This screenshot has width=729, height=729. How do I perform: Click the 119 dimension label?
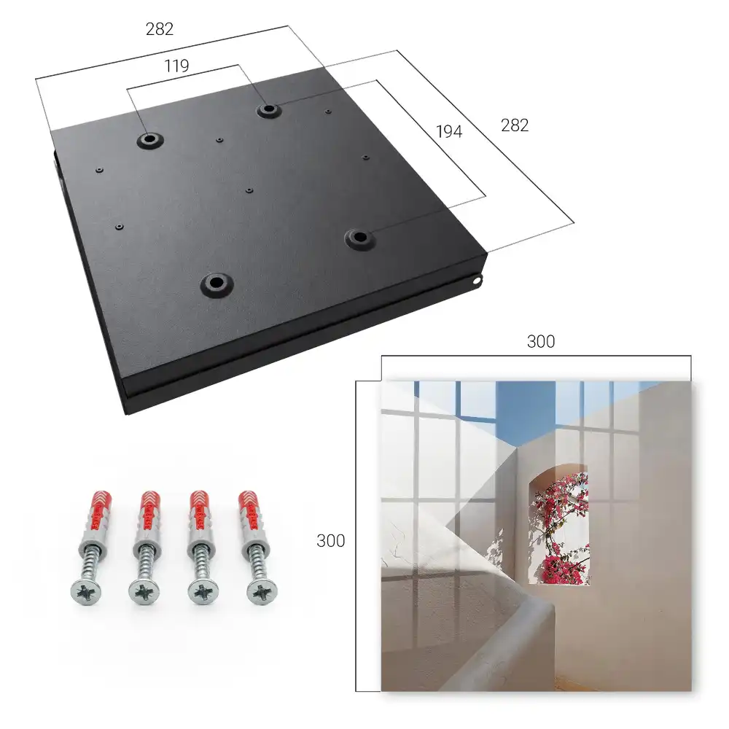pyautogui.click(x=176, y=66)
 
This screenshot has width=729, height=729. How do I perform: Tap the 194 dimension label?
pyautogui.click(x=449, y=132)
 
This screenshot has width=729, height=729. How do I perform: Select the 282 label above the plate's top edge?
pyautogui.click(x=160, y=29)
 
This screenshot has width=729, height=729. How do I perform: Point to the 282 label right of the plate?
pyautogui.click(x=515, y=125)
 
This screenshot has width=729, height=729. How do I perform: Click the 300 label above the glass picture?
pyautogui.click(x=541, y=342)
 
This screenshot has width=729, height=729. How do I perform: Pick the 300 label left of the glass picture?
pyautogui.click(x=330, y=541)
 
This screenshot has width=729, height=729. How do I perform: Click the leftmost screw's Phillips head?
pyautogui.click(x=86, y=592)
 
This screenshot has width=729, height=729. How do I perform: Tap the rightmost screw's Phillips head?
pyautogui.click(x=262, y=593)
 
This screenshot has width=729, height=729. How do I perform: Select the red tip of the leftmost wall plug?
pyautogui.click(x=101, y=502)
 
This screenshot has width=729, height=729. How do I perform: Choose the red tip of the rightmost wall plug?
pyautogui.click(x=248, y=502)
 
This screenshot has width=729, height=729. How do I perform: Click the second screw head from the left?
pyautogui.click(x=144, y=593)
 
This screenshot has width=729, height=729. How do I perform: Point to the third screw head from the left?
pyautogui.click(x=203, y=593)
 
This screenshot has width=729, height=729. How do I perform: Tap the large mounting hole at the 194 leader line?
pyautogui.click(x=359, y=238)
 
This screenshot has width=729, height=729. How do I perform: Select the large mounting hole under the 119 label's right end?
pyautogui.click(x=268, y=110)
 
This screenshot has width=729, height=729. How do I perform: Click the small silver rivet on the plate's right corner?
pyautogui.click(x=476, y=281)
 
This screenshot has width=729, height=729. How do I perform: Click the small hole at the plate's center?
pyautogui.click(x=249, y=190)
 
